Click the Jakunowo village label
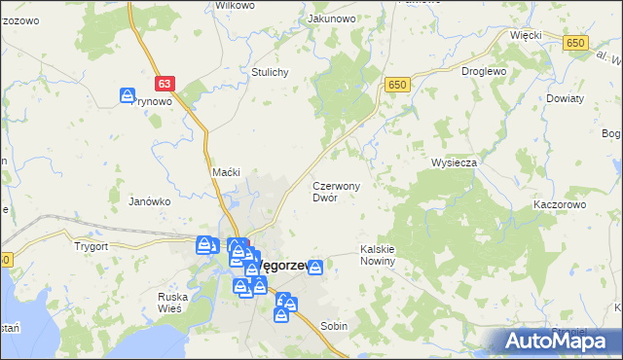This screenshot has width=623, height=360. (331, 18)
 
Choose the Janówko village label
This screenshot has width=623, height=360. (150, 201)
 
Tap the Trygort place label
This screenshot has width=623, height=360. (90, 246)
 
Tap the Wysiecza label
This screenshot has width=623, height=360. (454, 162)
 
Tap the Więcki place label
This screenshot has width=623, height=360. (526, 34)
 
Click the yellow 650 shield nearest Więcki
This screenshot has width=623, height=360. (576, 42)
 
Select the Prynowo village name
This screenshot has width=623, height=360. (153, 101)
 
